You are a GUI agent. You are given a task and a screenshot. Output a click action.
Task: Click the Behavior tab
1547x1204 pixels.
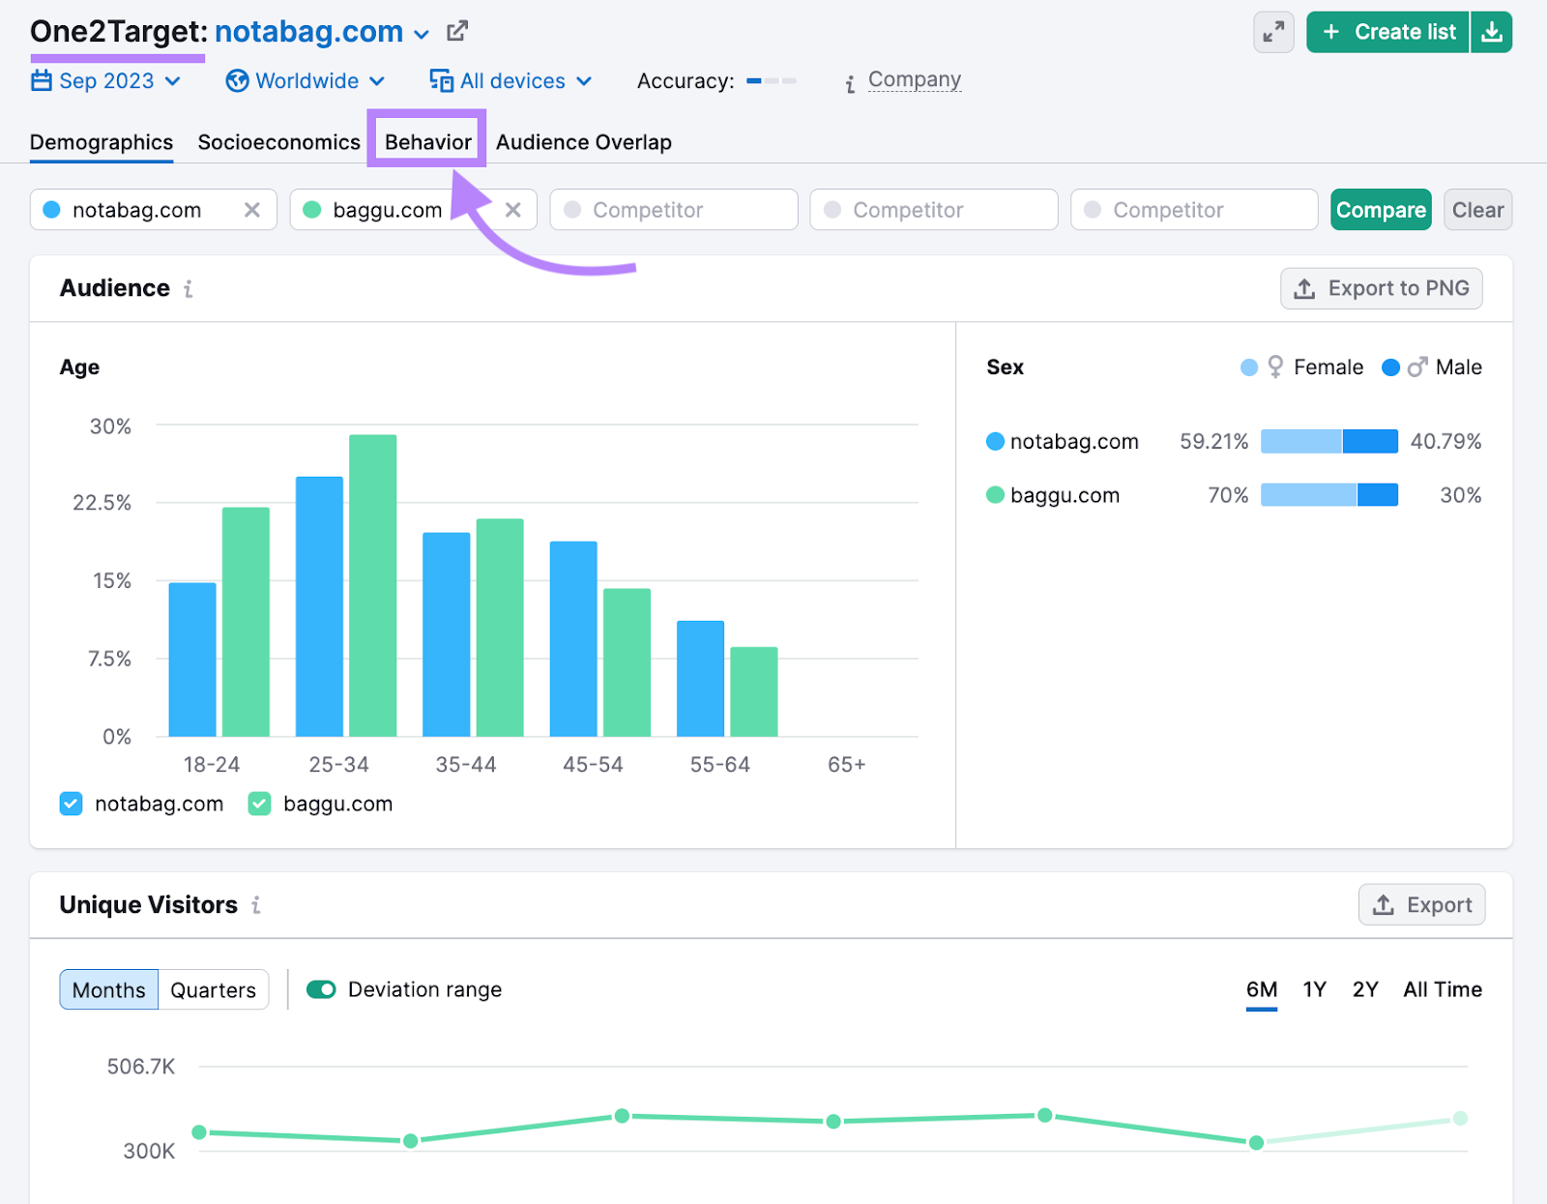click(x=427, y=142)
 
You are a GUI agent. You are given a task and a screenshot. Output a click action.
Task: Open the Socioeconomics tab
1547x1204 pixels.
click(x=278, y=142)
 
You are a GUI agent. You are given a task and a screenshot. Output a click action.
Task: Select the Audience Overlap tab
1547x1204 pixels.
click(x=583, y=142)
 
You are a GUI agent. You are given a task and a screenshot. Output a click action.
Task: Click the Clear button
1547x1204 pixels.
click(x=1477, y=210)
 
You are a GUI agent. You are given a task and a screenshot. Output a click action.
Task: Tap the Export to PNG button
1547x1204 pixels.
click(x=1381, y=288)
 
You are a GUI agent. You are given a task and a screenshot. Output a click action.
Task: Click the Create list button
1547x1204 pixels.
click(x=1388, y=32)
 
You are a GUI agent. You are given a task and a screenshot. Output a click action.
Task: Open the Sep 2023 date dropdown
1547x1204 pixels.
click(x=106, y=81)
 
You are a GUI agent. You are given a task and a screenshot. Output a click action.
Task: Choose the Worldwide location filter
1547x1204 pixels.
click(x=306, y=81)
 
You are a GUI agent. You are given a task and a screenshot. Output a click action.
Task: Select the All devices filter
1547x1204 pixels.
click(x=511, y=81)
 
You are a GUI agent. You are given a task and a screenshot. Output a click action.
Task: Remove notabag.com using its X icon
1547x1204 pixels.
click(x=252, y=210)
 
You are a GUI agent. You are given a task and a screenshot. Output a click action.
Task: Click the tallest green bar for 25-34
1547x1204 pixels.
click(x=373, y=585)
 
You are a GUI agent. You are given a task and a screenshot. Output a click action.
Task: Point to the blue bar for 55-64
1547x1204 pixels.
click(x=700, y=678)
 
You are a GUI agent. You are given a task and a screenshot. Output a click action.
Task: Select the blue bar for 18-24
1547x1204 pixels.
click(x=192, y=660)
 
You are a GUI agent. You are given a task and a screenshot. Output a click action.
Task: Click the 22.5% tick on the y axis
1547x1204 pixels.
click(x=102, y=503)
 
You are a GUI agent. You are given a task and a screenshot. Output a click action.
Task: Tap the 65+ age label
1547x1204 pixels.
click(x=846, y=765)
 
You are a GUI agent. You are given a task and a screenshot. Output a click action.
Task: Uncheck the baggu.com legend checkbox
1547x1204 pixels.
click(x=259, y=805)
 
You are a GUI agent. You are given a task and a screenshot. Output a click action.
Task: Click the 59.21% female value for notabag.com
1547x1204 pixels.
click(x=1213, y=442)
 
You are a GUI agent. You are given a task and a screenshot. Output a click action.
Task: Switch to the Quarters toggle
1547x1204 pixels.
click(x=213, y=990)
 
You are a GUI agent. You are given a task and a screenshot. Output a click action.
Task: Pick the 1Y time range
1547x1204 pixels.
click(x=1314, y=989)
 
